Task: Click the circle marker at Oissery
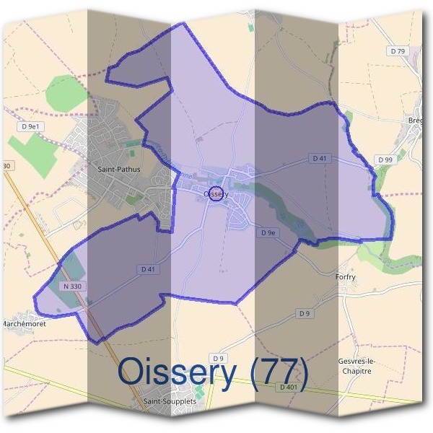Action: pyautogui.click(x=214, y=193)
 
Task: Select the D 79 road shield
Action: pyautogui.click(x=398, y=51)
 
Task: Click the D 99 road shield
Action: pyautogui.click(x=384, y=159)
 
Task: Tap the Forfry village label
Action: pyautogui.click(x=346, y=276)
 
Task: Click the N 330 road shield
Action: pyautogui.click(x=72, y=287)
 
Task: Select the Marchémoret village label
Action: pyautogui.click(x=25, y=323)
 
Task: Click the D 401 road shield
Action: pyautogui.click(x=289, y=387)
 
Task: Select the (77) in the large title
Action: pyautogui.click(x=276, y=372)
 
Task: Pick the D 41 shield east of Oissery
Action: pyautogui.click(x=321, y=158)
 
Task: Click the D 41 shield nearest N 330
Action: pyautogui.click(x=148, y=269)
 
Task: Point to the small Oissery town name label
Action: pyautogui.click(x=216, y=193)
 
